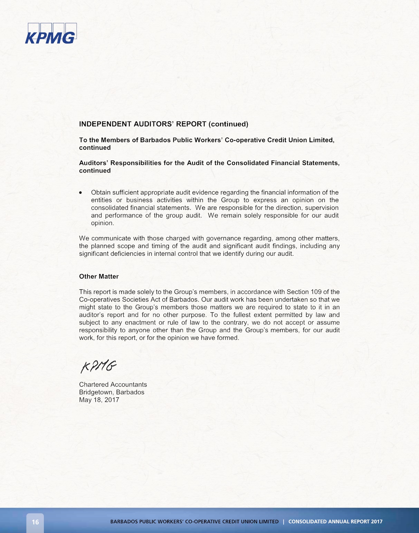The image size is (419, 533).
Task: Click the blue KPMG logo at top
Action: (x=51, y=34)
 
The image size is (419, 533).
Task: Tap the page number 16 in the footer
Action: (x=36, y=522)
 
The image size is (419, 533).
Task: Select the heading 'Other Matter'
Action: (x=99, y=277)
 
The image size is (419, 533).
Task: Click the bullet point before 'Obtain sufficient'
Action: (x=81, y=193)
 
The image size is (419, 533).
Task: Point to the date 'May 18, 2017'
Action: (x=99, y=400)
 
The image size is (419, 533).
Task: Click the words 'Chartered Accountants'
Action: (x=113, y=385)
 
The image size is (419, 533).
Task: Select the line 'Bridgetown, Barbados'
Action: (x=112, y=392)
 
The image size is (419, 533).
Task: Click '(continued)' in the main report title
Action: (x=228, y=124)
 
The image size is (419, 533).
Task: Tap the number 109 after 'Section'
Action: (x=316, y=292)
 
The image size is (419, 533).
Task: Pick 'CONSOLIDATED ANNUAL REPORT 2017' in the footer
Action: (x=335, y=522)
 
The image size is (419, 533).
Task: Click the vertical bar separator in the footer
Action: (x=284, y=522)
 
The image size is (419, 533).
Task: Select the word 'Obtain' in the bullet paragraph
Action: (x=101, y=193)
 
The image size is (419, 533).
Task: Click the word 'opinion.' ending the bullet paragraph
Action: (x=103, y=223)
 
